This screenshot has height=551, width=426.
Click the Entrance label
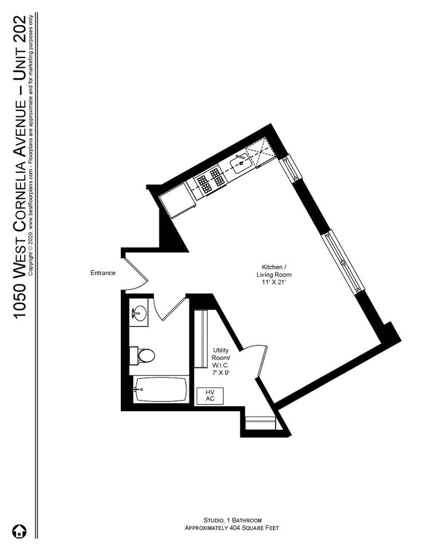[x=103, y=273]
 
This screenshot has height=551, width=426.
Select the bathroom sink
[x=138, y=314]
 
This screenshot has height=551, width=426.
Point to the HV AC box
[x=210, y=395]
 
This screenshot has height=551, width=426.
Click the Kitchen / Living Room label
[x=274, y=271]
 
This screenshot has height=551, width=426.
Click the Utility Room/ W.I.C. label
[x=221, y=358]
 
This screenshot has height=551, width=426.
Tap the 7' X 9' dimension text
[x=221, y=373]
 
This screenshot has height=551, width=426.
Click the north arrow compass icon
[x=20, y=531]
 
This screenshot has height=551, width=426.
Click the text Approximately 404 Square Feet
[x=232, y=529]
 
